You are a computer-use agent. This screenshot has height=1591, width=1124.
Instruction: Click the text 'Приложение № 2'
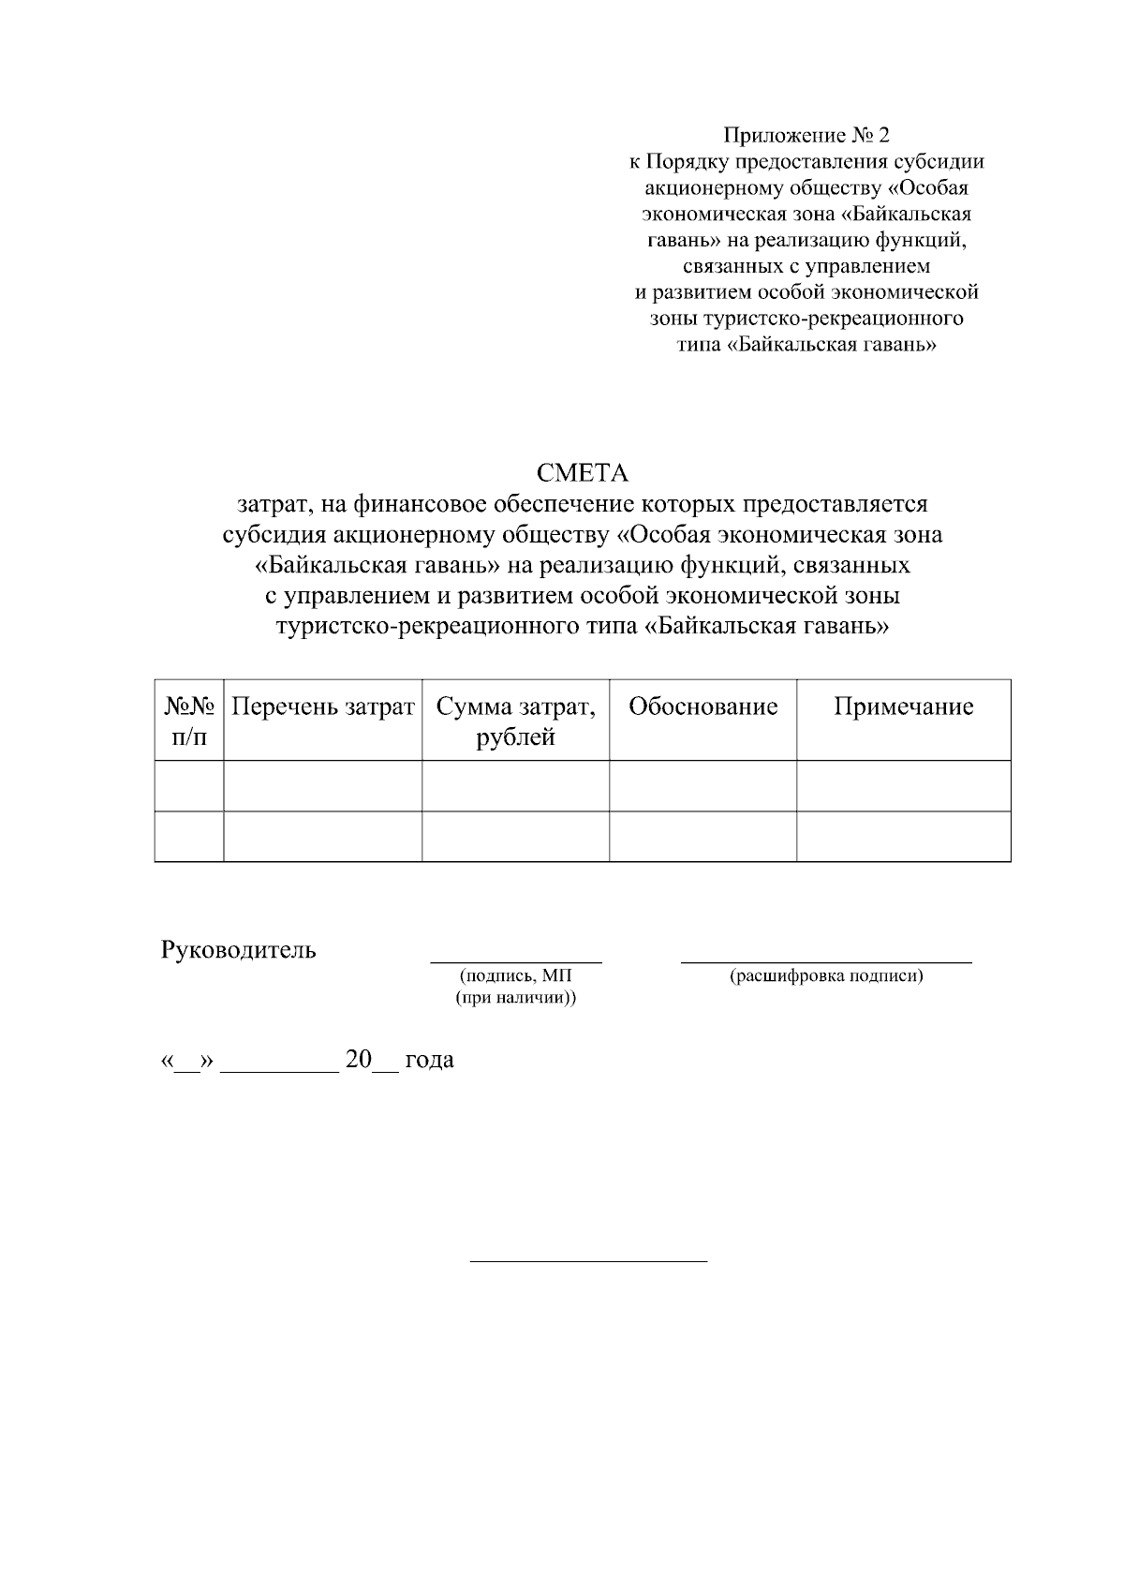(x=806, y=136)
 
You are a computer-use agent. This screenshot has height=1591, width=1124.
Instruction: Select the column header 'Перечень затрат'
(x=322, y=706)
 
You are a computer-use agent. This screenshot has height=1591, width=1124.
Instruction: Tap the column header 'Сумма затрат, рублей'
(x=515, y=721)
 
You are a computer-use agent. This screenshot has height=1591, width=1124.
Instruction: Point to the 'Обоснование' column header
(x=702, y=706)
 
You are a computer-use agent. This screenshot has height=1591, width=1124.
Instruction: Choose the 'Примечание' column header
(x=903, y=706)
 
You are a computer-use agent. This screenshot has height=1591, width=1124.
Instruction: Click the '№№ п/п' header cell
(x=189, y=721)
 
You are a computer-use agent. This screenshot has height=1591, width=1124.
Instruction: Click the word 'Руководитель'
(x=239, y=950)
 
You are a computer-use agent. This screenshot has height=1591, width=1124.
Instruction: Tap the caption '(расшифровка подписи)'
(x=826, y=976)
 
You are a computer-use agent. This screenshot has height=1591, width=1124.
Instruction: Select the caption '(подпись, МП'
(x=516, y=976)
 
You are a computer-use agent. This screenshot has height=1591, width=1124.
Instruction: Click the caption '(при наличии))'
(x=516, y=999)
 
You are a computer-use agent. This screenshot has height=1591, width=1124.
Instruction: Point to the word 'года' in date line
(x=429, y=1060)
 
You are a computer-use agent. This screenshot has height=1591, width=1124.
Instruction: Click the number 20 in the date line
(x=359, y=1060)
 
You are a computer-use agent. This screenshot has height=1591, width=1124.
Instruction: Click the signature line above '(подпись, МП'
(x=516, y=961)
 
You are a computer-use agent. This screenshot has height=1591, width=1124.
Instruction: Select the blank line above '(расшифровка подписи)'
(x=826, y=961)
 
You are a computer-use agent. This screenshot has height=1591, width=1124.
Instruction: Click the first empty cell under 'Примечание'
(x=903, y=785)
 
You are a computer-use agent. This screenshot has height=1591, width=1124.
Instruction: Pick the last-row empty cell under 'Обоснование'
(x=702, y=836)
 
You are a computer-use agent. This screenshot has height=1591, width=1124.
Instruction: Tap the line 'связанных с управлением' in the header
(x=806, y=267)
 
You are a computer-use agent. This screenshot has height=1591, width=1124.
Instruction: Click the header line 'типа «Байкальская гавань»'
(x=806, y=345)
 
